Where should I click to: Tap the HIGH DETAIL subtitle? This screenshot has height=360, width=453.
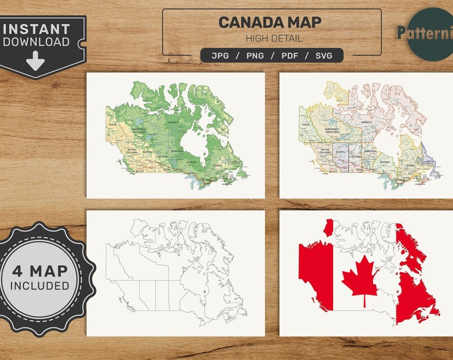click(272, 39)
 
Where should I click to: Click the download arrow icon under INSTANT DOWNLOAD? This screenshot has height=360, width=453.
click(36, 63)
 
